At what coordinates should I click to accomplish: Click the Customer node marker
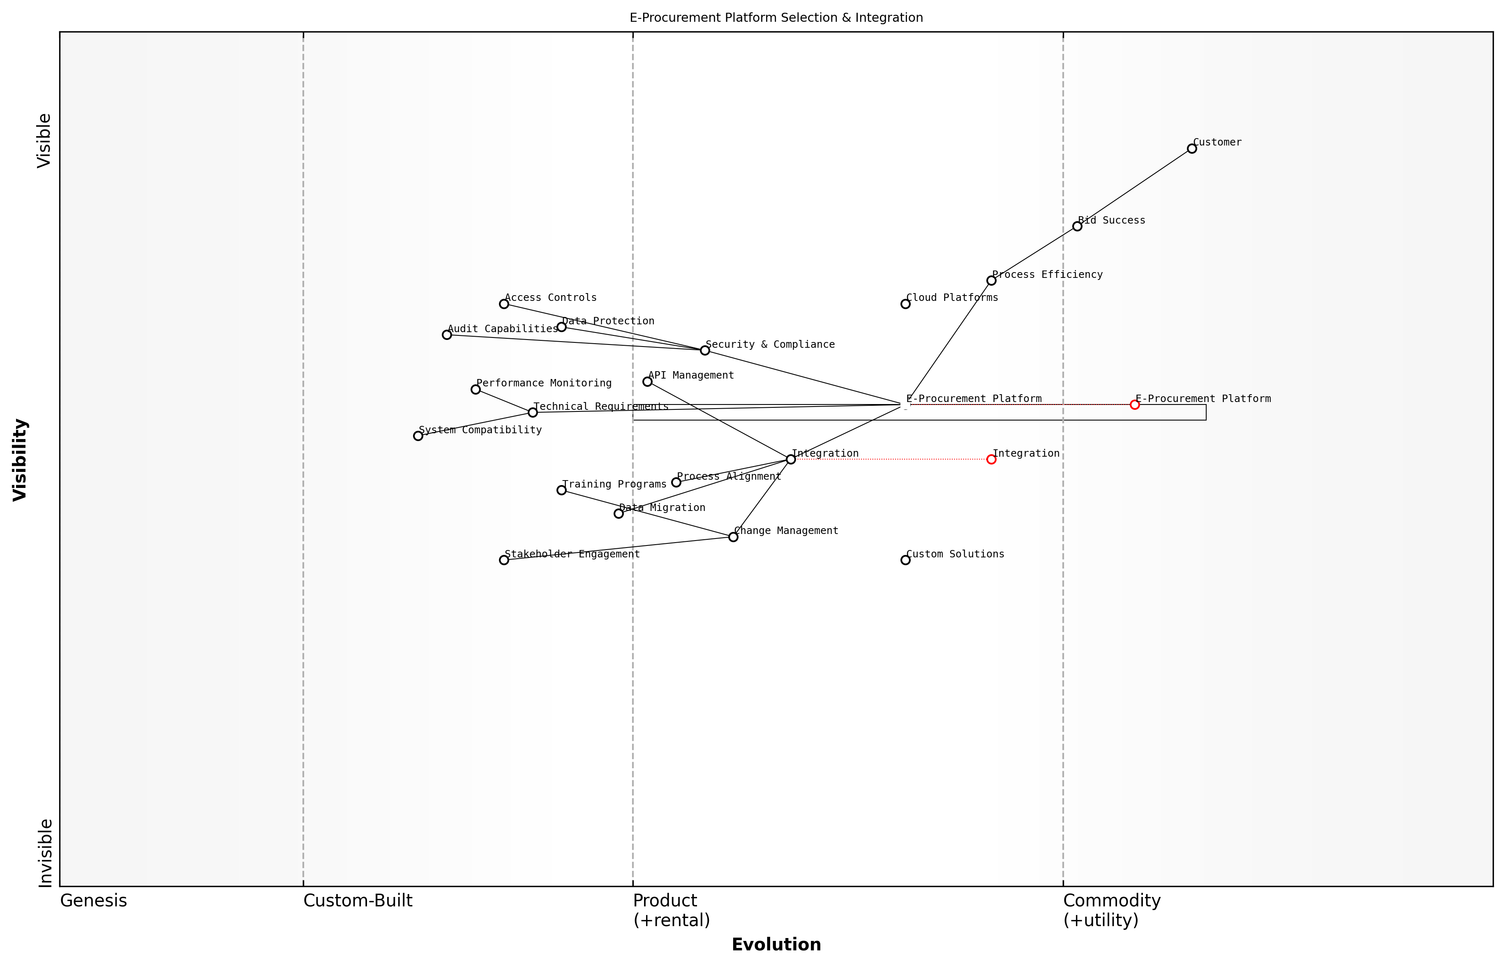[1191, 149]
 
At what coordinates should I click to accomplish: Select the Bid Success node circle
[1077, 226]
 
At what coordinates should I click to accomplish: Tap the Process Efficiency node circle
[991, 280]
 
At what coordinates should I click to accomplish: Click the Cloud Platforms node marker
[905, 304]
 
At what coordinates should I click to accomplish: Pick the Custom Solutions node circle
[905, 560]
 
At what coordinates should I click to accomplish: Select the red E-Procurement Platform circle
[1134, 404]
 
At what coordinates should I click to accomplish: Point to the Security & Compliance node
[705, 350]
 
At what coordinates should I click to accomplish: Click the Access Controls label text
[551, 297]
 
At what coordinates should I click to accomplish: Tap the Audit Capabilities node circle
[446, 335]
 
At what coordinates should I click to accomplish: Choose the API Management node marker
[647, 381]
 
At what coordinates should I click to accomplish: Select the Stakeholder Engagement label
[572, 554]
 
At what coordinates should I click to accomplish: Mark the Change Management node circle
[733, 537]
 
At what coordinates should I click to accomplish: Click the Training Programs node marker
[561, 490]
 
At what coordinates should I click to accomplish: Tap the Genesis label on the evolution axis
[93, 901]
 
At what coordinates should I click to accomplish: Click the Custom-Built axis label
[358, 901]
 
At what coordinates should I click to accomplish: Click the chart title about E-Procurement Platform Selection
[776, 18]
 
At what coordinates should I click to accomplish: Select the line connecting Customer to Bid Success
[1134, 187]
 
